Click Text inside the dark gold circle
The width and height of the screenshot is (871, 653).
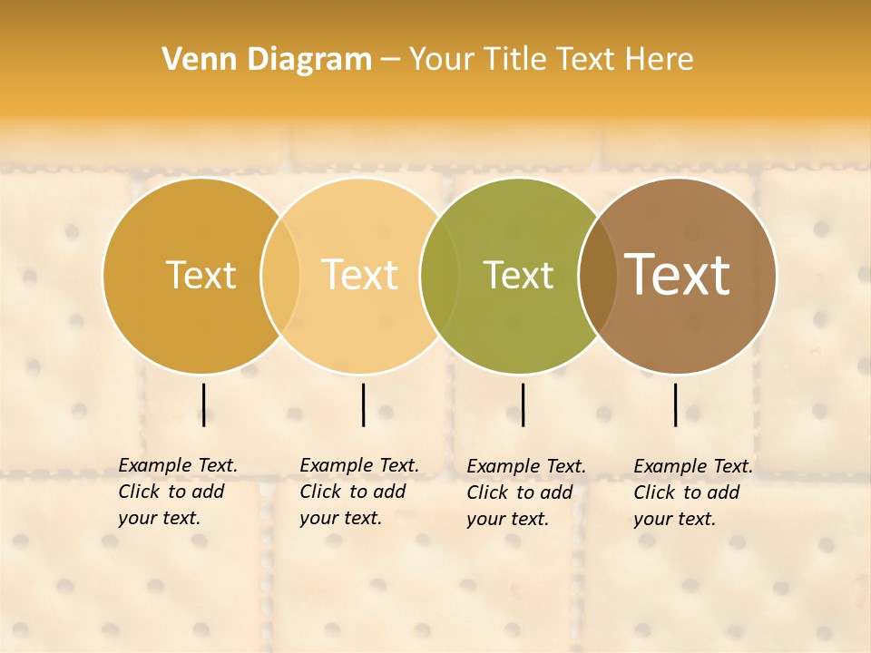[201, 275]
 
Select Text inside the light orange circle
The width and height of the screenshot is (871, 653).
[359, 275]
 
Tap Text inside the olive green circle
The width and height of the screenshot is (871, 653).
[518, 275]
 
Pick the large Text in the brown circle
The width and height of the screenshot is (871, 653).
[678, 274]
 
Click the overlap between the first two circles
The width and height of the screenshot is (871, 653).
[280, 275]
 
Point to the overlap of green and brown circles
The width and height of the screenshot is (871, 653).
[598, 275]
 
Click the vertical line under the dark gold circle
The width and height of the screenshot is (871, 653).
[204, 404]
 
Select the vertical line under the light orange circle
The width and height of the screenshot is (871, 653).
[363, 404]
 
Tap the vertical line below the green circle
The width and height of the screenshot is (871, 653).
[523, 404]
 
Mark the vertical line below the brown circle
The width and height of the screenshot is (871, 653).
[676, 404]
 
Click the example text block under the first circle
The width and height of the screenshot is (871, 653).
[178, 492]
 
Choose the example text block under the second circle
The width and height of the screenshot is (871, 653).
[359, 492]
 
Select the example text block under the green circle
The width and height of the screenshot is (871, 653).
[526, 492]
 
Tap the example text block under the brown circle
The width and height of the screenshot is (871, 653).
[693, 492]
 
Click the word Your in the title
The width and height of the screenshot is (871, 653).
[440, 60]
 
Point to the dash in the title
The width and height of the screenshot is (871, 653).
[390, 60]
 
